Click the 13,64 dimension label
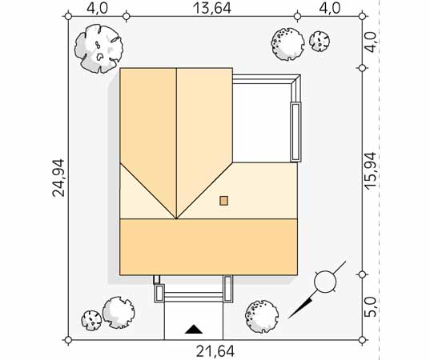212,8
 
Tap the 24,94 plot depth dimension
58,178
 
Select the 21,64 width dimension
215,351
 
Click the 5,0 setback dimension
371,308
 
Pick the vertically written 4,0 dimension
371,42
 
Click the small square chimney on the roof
223,201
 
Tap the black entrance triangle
194,329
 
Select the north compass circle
325,282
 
